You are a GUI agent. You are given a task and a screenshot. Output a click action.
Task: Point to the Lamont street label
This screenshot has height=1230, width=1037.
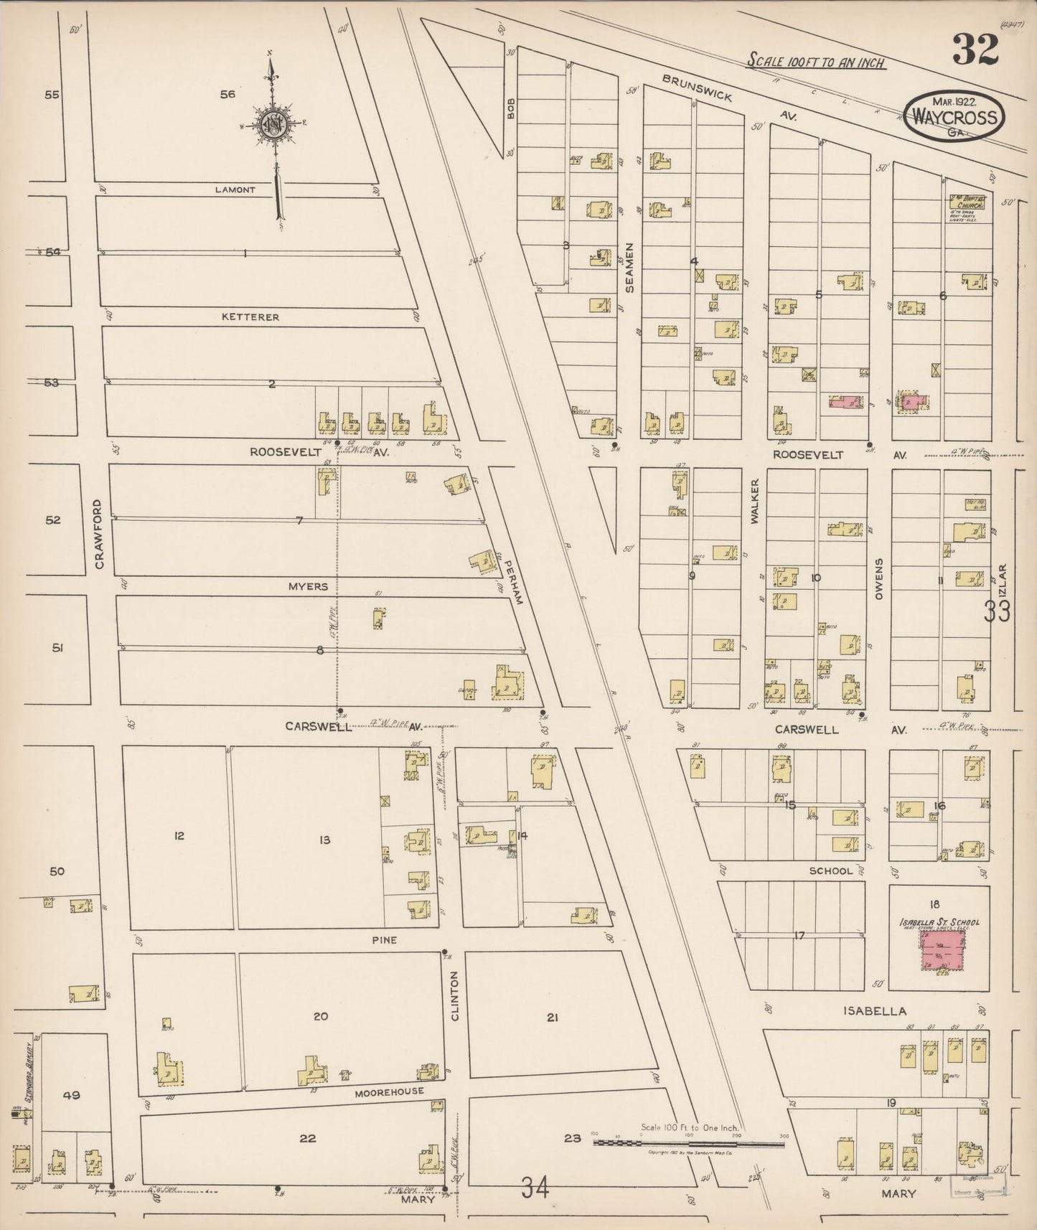(235, 189)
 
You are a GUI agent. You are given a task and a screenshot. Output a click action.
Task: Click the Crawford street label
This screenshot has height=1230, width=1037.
(99, 535)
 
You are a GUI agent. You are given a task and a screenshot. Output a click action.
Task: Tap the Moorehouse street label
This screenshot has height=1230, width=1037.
(390, 1091)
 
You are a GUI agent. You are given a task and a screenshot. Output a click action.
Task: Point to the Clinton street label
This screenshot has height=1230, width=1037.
(454, 996)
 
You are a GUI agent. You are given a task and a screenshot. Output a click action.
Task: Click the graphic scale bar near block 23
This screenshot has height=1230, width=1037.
(688, 1141)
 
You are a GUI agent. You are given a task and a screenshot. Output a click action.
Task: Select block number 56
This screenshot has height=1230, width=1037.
(227, 94)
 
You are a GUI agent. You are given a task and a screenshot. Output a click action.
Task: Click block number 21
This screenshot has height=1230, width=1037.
(552, 1017)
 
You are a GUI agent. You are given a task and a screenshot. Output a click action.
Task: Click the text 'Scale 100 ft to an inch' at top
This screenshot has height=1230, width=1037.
(816, 62)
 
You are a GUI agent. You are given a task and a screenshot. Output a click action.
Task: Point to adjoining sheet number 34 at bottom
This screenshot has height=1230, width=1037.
(535, 1189)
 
